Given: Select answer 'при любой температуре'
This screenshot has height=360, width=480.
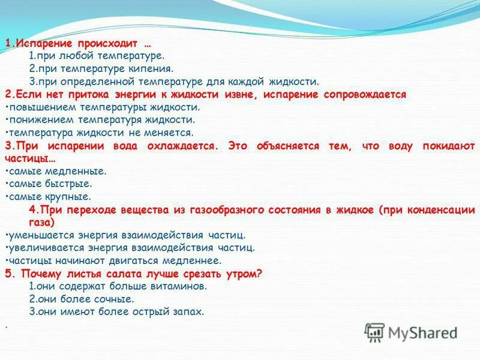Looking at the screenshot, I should [x=96, y=55].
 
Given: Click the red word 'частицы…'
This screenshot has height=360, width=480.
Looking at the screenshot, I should [x=30, y=158].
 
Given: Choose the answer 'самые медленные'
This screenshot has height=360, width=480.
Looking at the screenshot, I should [x=58, y=171].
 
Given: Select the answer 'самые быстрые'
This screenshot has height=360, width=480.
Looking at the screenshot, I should [x=50, y=184].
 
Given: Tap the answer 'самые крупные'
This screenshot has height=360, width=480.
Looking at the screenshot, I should [x=50, y=196].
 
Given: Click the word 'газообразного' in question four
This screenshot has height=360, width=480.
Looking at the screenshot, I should [x=223, y=209].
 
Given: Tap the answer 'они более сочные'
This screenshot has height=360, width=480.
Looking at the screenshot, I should [x=82, y=299].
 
